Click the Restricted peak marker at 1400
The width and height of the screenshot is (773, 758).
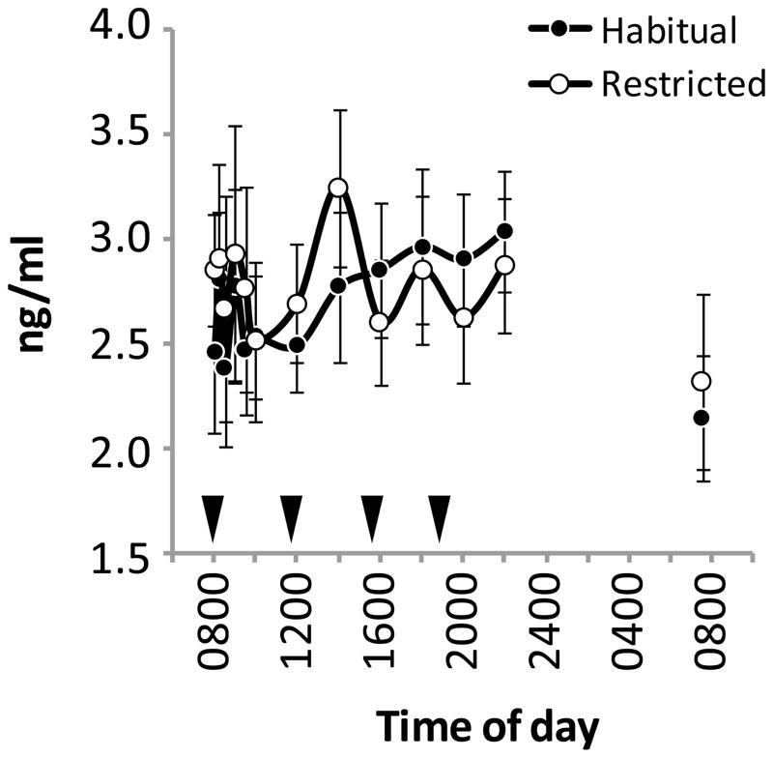[x=338, y=188]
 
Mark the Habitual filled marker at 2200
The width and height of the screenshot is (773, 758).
[x=505, y=230]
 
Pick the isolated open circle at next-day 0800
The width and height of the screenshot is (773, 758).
[x=701, y=382]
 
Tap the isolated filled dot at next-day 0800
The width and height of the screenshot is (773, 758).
[x=701, y=418]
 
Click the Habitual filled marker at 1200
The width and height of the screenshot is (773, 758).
[x=297, y=345]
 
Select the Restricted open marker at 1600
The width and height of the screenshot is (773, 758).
[x=380, y=322]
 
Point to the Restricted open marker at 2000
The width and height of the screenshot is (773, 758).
[x=464, y=317]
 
